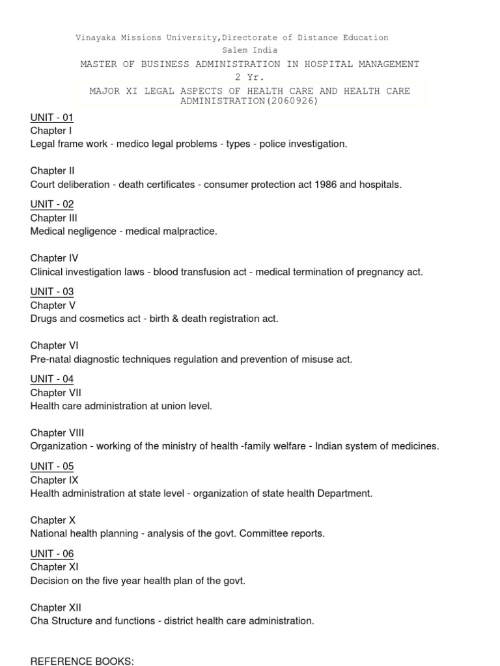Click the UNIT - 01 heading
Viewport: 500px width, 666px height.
[x=51, y=118]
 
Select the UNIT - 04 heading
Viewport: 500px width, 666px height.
[x=51, y=379]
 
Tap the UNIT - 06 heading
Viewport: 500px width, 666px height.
[x=51, y=553]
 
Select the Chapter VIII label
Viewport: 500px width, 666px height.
[x=57, y=433]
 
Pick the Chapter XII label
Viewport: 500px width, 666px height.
[x=55, y=607]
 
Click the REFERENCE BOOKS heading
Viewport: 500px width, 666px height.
[x=82, y=661]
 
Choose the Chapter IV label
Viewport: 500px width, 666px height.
[x=54, y=258]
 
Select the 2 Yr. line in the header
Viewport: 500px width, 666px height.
[x=250, y=77]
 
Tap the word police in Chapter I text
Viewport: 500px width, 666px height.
[x=271, y=144]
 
